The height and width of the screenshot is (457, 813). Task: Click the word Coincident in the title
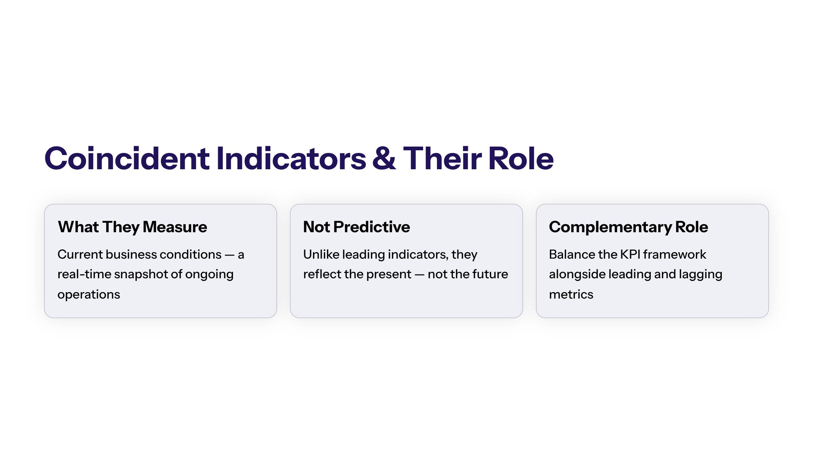[x=127, y=158]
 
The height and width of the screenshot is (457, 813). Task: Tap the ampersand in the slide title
[x=384, y=158]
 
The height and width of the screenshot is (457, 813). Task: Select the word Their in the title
[x=442, y=158]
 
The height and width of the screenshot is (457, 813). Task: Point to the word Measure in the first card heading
[x=175, y=227]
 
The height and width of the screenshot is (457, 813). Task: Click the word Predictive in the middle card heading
[x=372, y=227]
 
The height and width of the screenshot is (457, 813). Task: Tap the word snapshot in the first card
[x=141, y=275]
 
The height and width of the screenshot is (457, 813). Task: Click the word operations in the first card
[x=89, y=295]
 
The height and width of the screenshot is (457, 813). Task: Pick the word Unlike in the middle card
[x=321, y=254]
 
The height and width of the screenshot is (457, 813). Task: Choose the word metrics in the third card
[x=571, y=295]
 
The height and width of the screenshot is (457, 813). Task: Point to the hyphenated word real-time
[x=84, y=274]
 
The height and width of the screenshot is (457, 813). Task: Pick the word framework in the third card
[x=675, y=254]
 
